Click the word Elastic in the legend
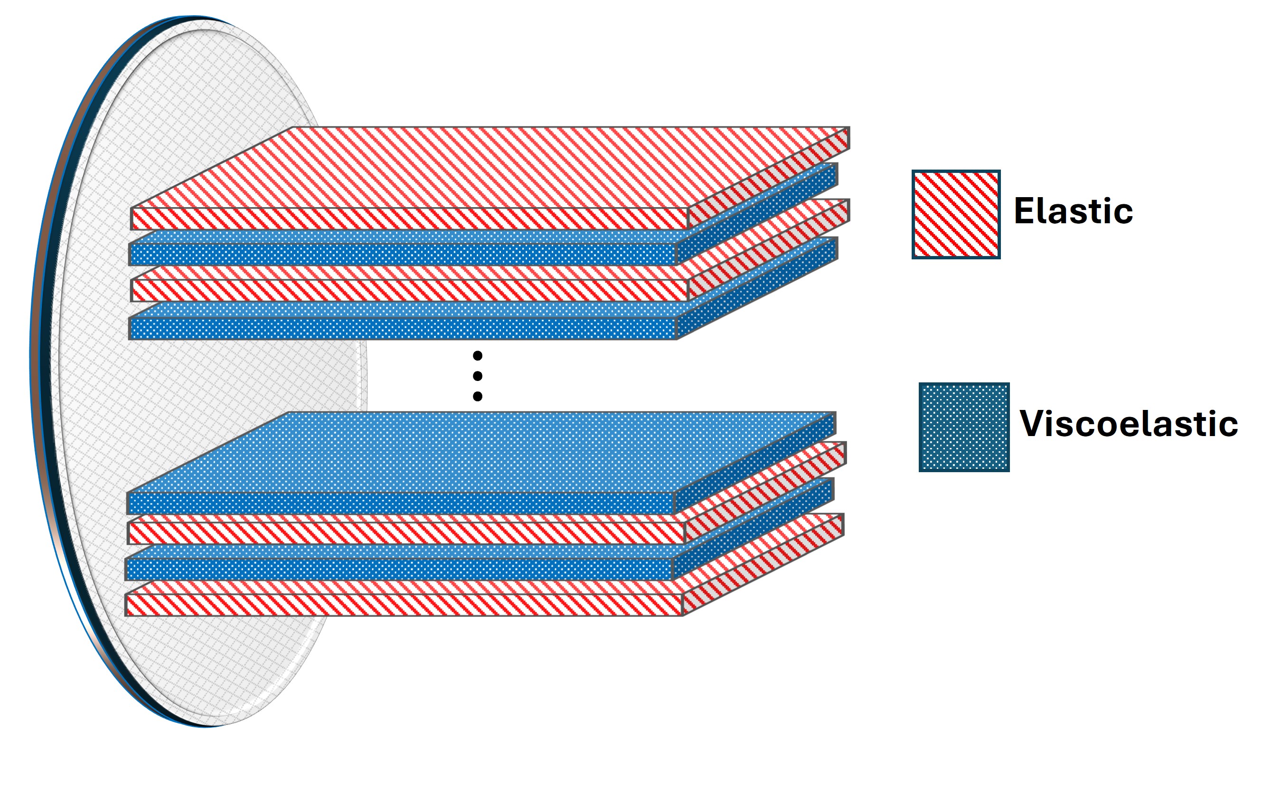click(x=1073, y=211)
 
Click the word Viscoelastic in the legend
click(x=1129, y=423)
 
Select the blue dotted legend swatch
click(x=964, y=428)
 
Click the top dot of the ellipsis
click(x=477, y=356)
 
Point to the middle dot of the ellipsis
click(x=477, y=376)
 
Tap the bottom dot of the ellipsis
click(x=477, y=397)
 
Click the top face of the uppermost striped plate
click(x=490, y=167)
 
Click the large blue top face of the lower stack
click(x=480, y=452)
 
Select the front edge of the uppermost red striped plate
click(x=409, y=219)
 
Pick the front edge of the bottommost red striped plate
click(x=404, y=605)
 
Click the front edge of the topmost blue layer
click(x=403, y=254)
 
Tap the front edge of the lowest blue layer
click(x=399, y=570)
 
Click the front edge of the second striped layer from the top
click(x=409, y=291)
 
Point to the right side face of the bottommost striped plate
click(x=763, y=565)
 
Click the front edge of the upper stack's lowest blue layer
click(x=403, y=329)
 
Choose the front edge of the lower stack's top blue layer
click(x=400, y=504)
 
